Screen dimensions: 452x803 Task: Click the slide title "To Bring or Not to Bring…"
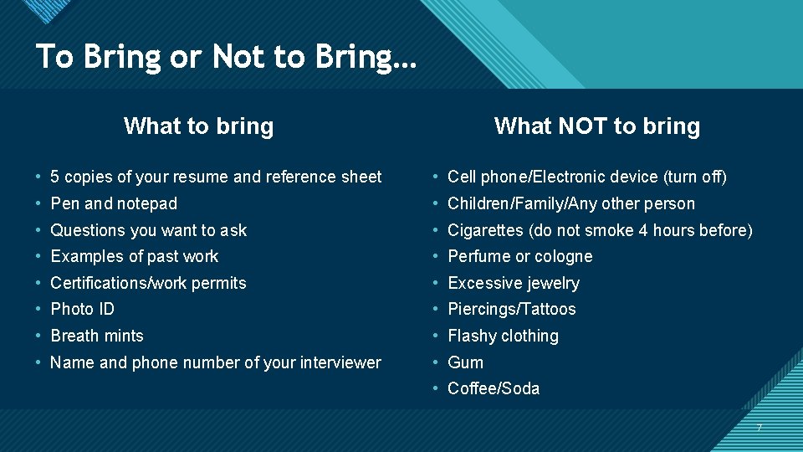[x=226, y=57]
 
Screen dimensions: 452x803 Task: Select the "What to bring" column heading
[x=198, y=126]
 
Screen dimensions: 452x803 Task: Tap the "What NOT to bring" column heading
[x=596, y=126]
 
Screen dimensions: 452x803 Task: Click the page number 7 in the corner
[x=759, y=428]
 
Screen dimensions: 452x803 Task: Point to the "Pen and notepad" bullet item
[x=114, y=203]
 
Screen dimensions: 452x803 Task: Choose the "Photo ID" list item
[x=82, y=309]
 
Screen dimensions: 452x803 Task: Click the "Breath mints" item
[x=97, y=336]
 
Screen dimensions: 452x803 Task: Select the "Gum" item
[x=465, y=362]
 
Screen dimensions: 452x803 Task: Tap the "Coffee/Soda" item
[x=494, y=388]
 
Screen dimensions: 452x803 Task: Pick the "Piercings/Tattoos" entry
[x=511, y=309]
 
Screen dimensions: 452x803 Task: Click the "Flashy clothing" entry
[x=503, y=336]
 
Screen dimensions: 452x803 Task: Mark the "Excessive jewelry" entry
[x=513, y=283]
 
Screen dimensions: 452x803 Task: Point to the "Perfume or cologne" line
[x=519, y=256]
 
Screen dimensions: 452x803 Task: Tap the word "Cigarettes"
[x=485, y=230]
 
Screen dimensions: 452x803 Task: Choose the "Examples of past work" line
[x=134, y=256]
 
